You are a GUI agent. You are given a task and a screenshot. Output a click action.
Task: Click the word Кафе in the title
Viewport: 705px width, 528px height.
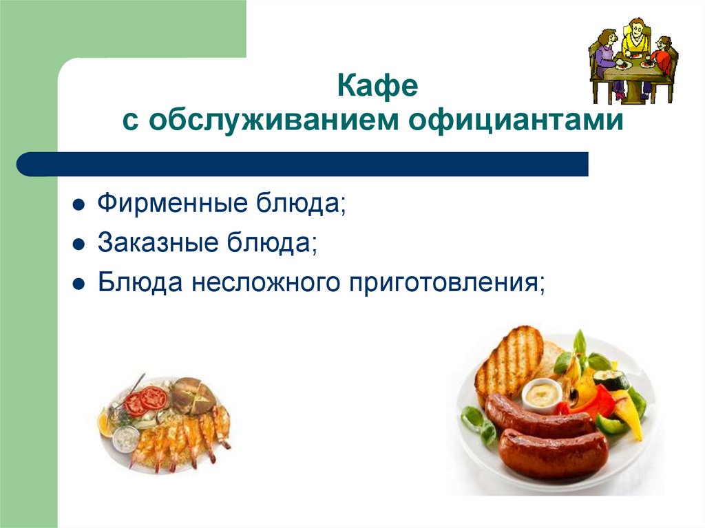point(377,87)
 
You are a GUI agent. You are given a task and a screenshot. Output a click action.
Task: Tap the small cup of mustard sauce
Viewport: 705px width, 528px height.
point(542,393)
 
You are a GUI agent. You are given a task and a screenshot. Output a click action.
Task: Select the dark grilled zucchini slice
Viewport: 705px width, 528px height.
point(611,379)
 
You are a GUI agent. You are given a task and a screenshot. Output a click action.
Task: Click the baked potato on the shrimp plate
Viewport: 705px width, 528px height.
point(194,395)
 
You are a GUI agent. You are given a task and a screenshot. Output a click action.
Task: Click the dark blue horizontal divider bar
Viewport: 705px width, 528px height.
point(303,165)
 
